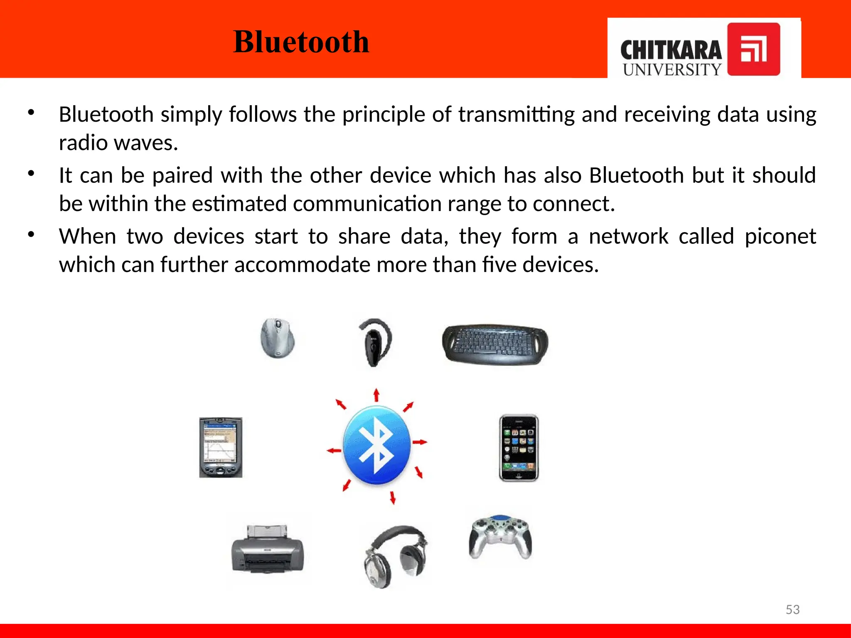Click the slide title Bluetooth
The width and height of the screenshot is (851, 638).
pyautogui.click(x=301, y=42)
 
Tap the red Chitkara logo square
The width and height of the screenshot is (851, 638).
pyautogui.click(x=753, y=49)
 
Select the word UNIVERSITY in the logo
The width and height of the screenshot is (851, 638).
pyautogui.click(x=672, y=69)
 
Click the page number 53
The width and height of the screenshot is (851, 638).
pyautogui.click(x=792, y=609)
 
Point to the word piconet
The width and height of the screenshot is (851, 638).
pyautogui.click(x=780, y=237)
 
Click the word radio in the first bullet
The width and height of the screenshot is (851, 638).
pyautogui.click(x=83, y=143)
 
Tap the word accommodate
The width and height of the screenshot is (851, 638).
pyautogui.click(x=302, y=265)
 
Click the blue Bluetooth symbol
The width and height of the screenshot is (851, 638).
pyautogui.click(x=376, y=445)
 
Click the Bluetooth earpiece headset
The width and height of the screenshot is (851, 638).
pyautogui.click(x=375, y=342)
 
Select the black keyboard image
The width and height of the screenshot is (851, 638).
pyautogui.click(x=495, y=344)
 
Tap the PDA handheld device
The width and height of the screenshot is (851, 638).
pyautogui.click(x=221, y=447)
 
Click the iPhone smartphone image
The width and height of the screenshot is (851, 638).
pyautogui.click(x=519, y=448)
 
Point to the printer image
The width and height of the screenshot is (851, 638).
pyautogui.click(x=268, y=549)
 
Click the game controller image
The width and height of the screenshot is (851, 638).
pyautogui.click(x=500, y=536)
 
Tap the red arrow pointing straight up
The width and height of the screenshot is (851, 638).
pyautogui.click(x=376, y=395)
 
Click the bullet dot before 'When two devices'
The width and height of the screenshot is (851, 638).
pyautogui.click(x=31, y=235)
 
